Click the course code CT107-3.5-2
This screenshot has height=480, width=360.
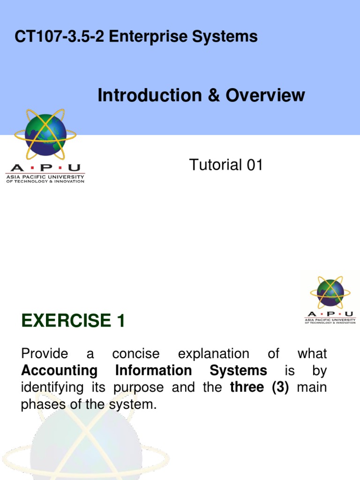60,37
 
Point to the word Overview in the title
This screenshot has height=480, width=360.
265,95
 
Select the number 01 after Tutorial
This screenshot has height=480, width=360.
254,165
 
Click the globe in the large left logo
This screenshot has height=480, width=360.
45,135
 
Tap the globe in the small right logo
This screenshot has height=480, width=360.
330,292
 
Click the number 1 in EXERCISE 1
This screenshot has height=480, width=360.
120,322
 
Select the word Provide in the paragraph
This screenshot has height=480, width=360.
45,353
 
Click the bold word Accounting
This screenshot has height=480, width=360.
59,371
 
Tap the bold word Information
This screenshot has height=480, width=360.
153,371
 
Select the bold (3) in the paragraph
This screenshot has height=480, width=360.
278,388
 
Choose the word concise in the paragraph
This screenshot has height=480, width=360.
136,353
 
